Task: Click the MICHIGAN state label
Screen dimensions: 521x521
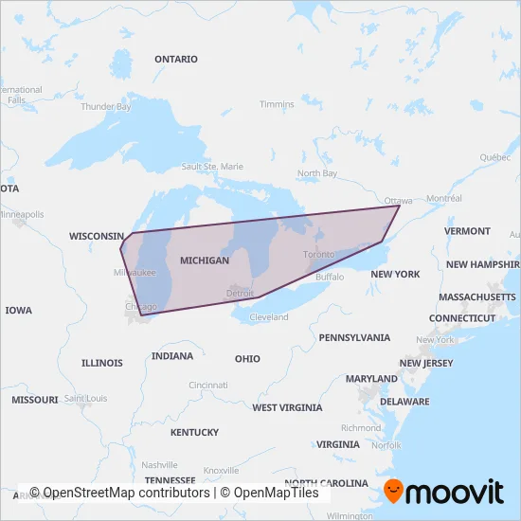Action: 204,260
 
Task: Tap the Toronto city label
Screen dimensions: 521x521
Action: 318,256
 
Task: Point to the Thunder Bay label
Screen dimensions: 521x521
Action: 106,107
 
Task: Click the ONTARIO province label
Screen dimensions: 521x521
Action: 176,59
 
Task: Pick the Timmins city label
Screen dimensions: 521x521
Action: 277,104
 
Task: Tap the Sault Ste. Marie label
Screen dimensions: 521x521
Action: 213,167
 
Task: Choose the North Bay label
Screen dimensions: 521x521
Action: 316,173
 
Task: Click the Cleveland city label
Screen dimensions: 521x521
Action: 269,317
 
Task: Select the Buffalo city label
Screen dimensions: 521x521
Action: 330,278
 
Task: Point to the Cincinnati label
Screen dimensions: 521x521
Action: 207,386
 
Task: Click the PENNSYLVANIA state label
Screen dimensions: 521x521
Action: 354,337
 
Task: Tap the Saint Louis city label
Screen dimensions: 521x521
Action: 85,399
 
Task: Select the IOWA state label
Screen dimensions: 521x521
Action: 18,311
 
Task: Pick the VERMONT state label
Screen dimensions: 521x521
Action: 467,231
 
